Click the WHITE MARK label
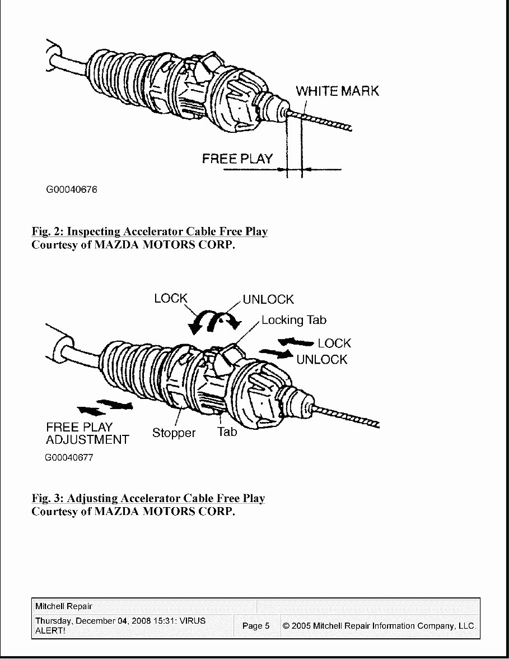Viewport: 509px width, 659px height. pyautogui.click(x=337, y=91)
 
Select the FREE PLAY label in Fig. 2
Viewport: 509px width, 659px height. pyautogui.click(x=237, y=159)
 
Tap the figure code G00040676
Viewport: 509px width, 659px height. pyautogui.click(x=72, y=189)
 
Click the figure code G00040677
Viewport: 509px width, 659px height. pyautogui.click(x=69, y=457)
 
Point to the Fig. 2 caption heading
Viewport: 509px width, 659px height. pyautogui.click(x=150, y=231)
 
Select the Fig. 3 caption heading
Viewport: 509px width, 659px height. pyautogui.click(x=148, y=498)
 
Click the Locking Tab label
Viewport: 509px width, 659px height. pyautogui.click(x=293, y=320)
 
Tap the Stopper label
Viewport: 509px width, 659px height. pyautogui.click(x=174, y=433)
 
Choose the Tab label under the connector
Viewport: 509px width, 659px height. pyautogui.click(x=227, y=431)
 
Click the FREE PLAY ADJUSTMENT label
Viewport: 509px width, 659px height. pyautogui.click(x=87, y=434)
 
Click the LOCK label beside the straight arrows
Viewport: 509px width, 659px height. pyautogui.click(x=334, y=343)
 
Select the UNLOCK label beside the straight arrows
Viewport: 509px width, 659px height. pyautogui.click(x=322, y=359)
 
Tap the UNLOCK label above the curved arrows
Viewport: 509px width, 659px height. pyautogui.click(x=268, y=300)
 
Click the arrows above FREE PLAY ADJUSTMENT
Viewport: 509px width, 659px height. pyautogui.click(x=105, y=407)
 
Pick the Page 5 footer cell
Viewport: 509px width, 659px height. pyautogui.click(x=256, y=626)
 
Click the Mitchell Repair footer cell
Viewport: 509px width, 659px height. pyautogui.click(x=64, y=606)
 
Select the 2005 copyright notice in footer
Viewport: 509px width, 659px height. pyautogui.click(x=379, y=626)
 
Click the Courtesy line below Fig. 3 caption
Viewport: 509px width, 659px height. pyautogui.click(x=133, y=512)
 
